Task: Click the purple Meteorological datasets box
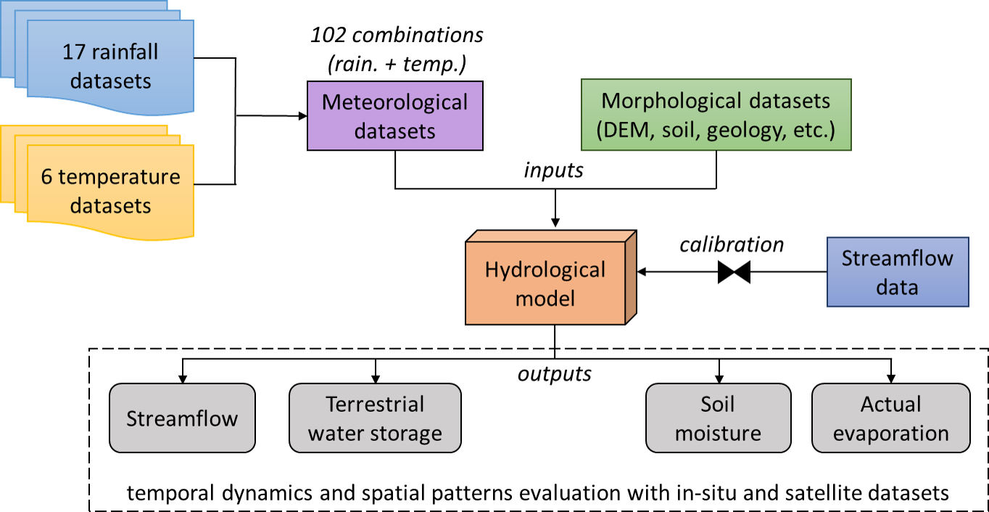coord(395,116)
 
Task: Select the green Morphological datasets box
coord(716,116)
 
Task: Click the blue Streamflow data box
coord(898,272)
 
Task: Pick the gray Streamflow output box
coord(182,418)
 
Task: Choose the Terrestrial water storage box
coord(375,418)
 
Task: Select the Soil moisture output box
coord(718,418)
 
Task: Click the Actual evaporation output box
coord(890,418)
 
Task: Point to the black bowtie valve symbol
coord(734,273)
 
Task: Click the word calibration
coord(732,245)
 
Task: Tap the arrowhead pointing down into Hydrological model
coord(555,222)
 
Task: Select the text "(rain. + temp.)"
coord(396,64)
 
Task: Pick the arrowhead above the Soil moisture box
coord(719,379)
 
